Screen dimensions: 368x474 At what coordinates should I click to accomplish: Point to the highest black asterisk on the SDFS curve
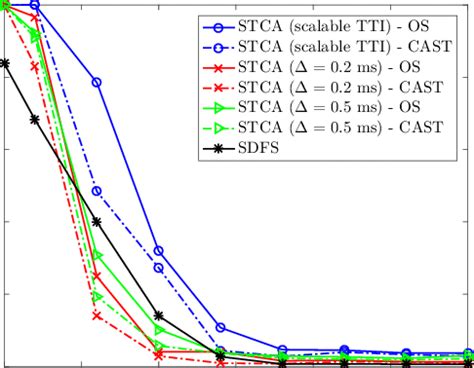point(5,63)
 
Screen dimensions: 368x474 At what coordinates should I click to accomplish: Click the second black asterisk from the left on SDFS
point(35,119)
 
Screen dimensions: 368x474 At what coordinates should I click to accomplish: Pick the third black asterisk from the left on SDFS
point(97,221)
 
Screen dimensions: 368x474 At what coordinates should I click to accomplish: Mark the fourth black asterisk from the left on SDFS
point(159,315)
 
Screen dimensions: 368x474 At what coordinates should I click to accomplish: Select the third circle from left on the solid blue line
point(97,82)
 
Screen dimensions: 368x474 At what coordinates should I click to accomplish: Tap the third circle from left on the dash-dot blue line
point(97,190)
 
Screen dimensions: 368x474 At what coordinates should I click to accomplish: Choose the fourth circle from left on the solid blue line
point(159,250)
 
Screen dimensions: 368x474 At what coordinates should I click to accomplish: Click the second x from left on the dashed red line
point(35,66)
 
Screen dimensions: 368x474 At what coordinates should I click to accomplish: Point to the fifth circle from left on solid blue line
point(220,327)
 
